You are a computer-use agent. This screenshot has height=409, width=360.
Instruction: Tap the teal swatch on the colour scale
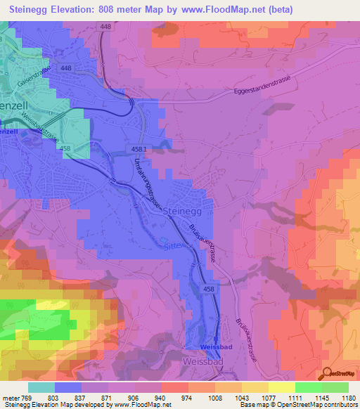click(x=41, y=387)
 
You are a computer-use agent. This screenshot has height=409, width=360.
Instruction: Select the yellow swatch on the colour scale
click(x=281, y=387)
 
